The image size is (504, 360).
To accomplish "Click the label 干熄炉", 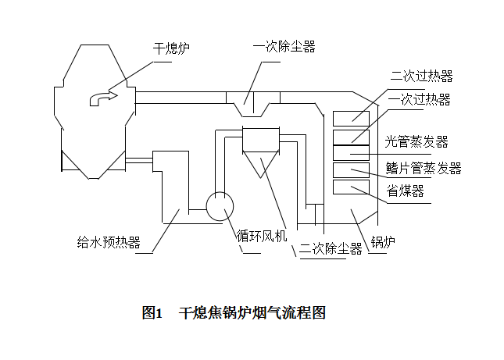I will [x=171, y=48].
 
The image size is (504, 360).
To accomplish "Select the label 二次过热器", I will [x=422, y=77].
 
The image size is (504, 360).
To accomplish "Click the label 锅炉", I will [x=383, y=241].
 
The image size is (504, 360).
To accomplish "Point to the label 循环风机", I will [x=262, y=235].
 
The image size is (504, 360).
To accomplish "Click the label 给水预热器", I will [x=109, y=242].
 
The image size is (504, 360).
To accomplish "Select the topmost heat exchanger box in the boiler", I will [x=351, y=119].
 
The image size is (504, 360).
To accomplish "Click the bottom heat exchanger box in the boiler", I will [x=351, y=187].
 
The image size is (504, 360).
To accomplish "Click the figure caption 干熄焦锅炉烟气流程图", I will [x=251, y=314].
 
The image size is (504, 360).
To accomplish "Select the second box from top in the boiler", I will [x=351, y=137].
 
